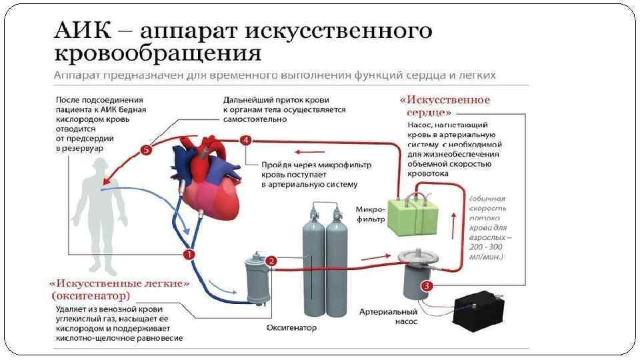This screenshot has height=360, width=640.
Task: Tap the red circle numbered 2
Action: pos(271,261)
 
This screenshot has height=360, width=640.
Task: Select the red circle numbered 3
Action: pos(427,285)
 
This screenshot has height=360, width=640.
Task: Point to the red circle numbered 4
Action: pos(247,140)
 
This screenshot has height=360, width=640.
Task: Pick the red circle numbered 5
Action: pos(147,150)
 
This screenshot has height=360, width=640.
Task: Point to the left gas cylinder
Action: pos(313,263)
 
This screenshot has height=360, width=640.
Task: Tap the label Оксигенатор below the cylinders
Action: pos(291,328)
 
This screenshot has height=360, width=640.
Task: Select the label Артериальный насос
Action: pos(387,317)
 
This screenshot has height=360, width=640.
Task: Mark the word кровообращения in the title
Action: pos(157,53)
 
